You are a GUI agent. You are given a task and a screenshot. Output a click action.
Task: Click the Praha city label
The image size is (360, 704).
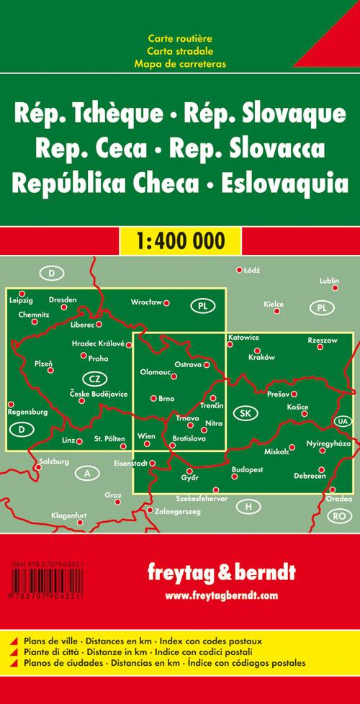(99, 358)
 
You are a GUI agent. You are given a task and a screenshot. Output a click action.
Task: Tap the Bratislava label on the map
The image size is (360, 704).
(189, 438)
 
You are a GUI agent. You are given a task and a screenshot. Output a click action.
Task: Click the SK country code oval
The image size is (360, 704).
(247, 413)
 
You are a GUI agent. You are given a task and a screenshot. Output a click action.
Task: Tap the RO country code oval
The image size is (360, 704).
(338, 515)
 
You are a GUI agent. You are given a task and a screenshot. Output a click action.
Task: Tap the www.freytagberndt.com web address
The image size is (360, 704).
(221, 595)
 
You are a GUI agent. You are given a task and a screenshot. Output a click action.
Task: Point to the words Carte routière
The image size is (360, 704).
(180, 37)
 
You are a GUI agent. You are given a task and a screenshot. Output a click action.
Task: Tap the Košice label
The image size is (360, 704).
(297, 407)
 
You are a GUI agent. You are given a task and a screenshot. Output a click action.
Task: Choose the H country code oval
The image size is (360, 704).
(248, 507)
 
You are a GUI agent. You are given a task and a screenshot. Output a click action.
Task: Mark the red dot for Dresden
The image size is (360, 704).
(63, 307)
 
